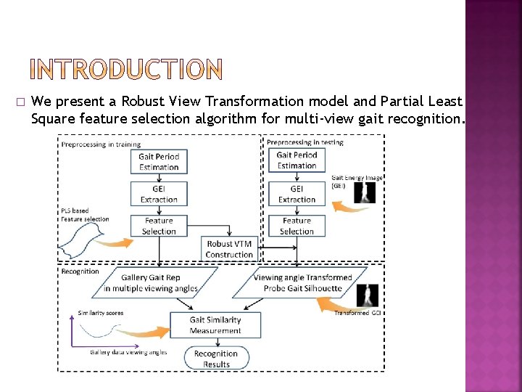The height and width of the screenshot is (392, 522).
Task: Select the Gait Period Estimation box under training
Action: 159,162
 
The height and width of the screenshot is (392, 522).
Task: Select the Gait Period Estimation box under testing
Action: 297,160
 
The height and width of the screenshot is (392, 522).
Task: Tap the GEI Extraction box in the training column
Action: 159,194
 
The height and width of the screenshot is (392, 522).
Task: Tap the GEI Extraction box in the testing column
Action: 297,194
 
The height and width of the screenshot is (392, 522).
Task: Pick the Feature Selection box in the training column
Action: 159,226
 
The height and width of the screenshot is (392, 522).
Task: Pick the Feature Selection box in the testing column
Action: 297,226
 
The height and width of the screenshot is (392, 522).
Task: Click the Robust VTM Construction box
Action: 229,249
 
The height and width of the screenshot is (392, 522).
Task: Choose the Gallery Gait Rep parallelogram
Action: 150,283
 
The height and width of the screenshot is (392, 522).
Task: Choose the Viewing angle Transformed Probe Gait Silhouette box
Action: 302,283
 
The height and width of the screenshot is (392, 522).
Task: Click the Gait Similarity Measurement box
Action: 215,324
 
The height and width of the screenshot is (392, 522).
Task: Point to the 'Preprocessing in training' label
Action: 101,144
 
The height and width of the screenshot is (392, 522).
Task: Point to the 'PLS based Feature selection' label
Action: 85,215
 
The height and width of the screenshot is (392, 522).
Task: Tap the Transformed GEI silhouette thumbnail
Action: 370,295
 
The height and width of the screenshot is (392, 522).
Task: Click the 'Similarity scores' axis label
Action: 101,313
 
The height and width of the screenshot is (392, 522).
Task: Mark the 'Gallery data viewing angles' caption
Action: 128,352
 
